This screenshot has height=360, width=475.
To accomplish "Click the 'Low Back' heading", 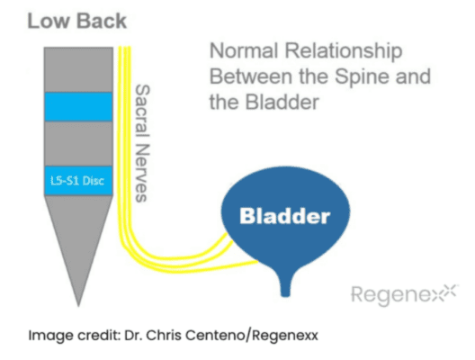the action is click(77, 21).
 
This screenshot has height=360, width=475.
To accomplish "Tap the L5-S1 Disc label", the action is click(77, 181).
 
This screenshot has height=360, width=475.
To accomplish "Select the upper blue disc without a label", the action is click(78, 107).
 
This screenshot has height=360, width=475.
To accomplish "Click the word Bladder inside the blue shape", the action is click(285, 216).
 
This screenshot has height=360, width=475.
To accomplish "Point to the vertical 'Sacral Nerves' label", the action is click(142, 143).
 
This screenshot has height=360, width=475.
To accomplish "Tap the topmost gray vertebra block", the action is click(78, 69).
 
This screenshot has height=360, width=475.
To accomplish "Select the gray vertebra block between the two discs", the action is click(78, 144).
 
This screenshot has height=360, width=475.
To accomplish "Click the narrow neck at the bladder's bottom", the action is click(285, 287).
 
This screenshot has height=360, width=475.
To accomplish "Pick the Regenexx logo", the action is click(405, 293).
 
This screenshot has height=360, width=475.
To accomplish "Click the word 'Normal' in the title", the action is click(244, 50).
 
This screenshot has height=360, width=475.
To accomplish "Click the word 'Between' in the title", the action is click(251, 76).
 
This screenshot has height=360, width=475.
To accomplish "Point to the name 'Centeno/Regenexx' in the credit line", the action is click(252, 336).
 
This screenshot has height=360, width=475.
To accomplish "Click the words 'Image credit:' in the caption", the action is click(75, 336).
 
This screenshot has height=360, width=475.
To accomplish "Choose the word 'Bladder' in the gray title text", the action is click(282, 102).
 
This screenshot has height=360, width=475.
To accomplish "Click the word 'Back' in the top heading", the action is click(102, 21).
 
